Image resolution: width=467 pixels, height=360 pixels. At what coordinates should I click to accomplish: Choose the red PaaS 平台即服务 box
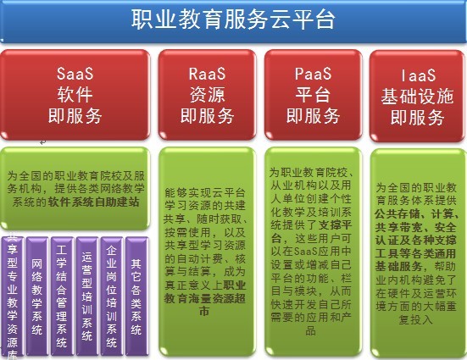pos(309,94)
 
